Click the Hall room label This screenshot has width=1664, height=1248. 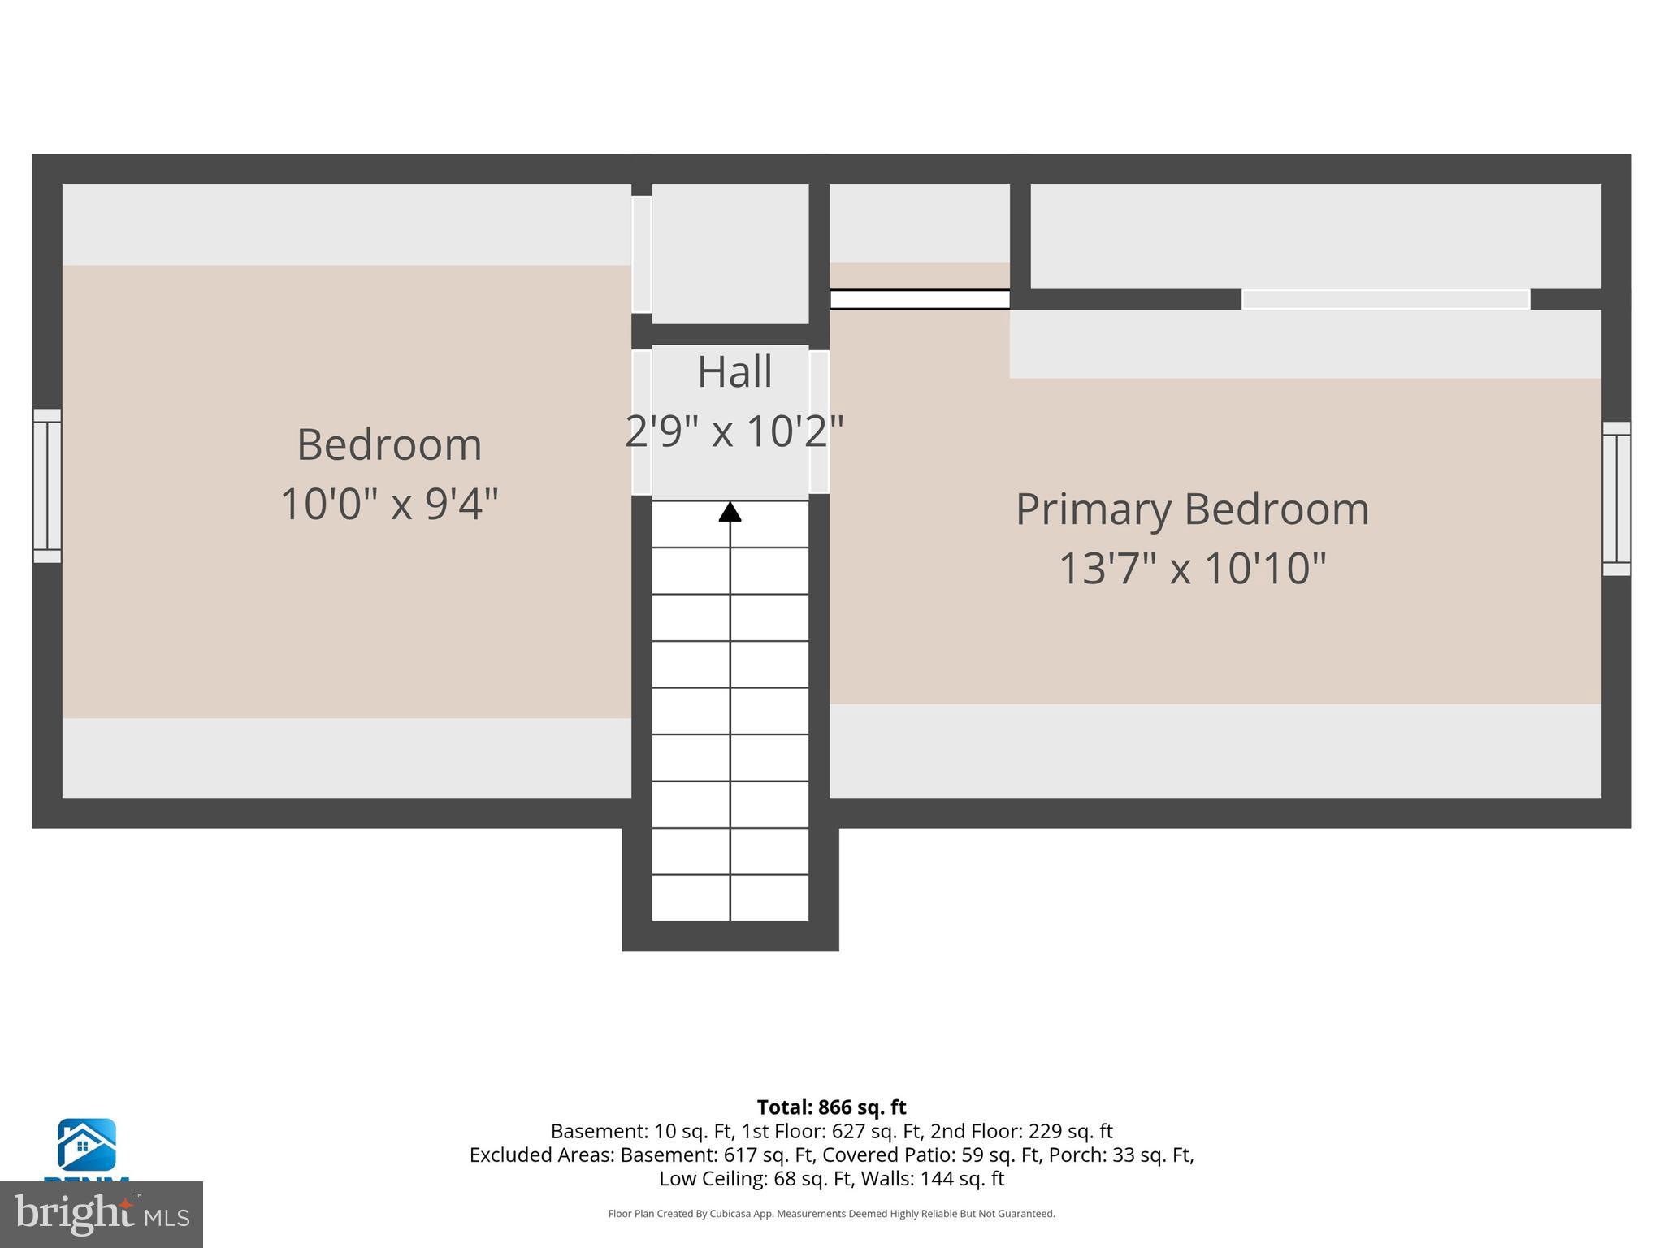pos(734,372)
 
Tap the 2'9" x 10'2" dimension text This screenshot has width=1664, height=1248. pos(734,431)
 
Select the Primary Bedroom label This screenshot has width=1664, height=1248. pos(1192,509)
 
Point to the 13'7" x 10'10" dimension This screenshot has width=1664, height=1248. pos(1192,567)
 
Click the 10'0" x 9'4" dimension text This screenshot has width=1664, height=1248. pos(389,504)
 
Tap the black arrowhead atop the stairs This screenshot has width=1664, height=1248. pos(730,512)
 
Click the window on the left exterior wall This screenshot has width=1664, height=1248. pos(47,485)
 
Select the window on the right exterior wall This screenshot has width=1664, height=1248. pos(1616,498)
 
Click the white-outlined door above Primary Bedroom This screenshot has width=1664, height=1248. pos(919,299)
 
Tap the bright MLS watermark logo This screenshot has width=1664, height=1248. pos(102,1214)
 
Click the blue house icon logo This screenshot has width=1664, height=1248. pos(86,1145)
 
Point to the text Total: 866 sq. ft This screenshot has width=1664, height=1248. pos(831,1107)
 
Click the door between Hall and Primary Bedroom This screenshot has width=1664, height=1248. pos(819,422)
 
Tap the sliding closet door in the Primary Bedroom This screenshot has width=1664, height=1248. pos(1385,299)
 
